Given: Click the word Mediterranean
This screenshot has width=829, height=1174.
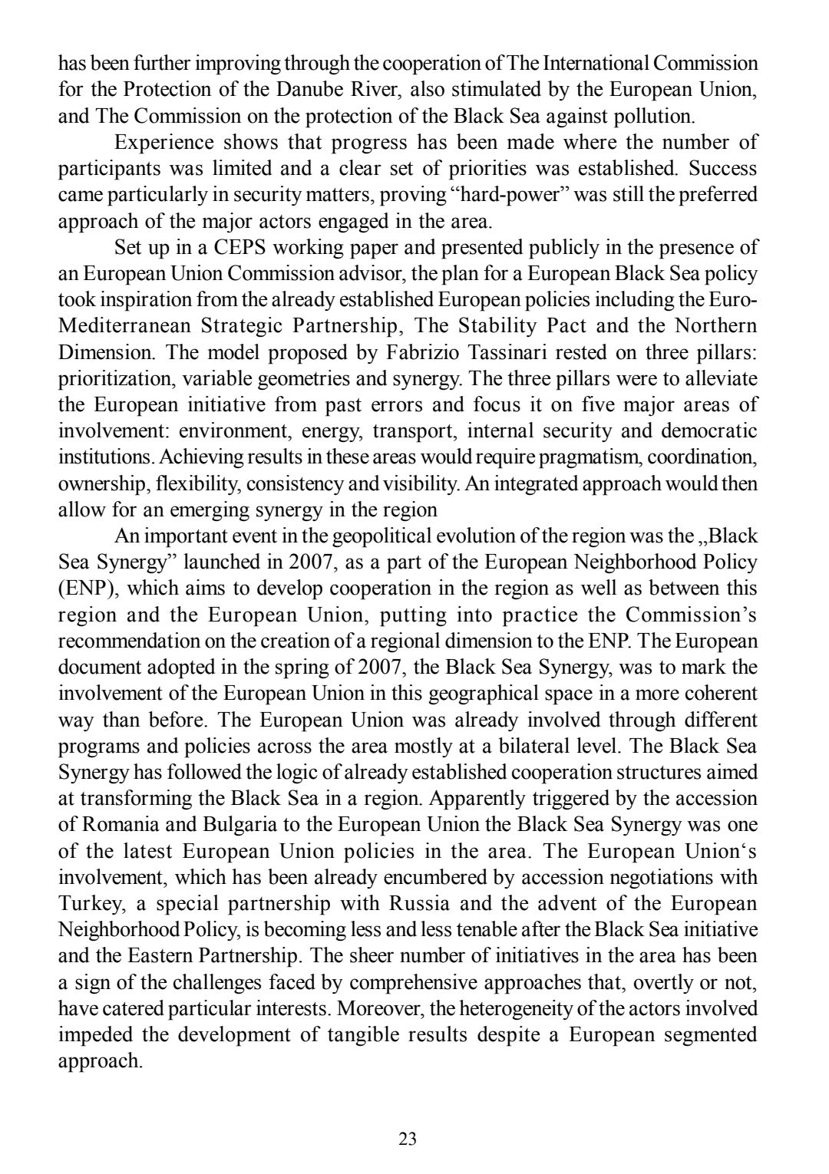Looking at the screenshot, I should pos(124,326).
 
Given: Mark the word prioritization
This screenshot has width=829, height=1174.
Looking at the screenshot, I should pos(104,379).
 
